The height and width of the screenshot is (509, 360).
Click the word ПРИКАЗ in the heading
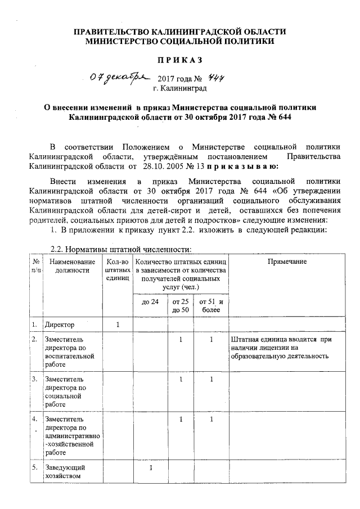pos(179,60)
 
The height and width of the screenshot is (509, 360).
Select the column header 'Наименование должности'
pos(69,266)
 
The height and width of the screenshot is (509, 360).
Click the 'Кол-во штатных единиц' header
pos(117,270)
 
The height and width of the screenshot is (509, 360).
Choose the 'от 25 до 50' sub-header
pos(180,306)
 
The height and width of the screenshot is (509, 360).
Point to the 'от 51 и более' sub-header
pos(211,306)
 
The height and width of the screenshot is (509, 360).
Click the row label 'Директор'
pos(60,325)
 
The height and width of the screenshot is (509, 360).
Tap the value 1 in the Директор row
pos(118,325)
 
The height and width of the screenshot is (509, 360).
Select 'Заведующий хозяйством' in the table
pos(66,472)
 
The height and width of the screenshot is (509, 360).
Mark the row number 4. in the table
pos(35,419)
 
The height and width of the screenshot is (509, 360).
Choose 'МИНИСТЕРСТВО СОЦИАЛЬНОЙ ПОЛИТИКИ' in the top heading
pos(180,41)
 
